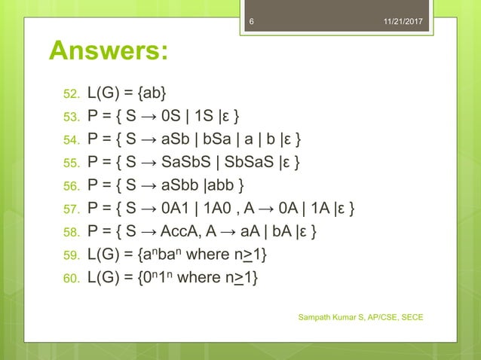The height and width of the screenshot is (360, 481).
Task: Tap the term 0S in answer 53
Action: coord(174,117)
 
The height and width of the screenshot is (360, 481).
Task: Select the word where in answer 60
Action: coord(201,279)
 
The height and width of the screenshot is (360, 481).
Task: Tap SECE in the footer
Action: coord(409,317)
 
